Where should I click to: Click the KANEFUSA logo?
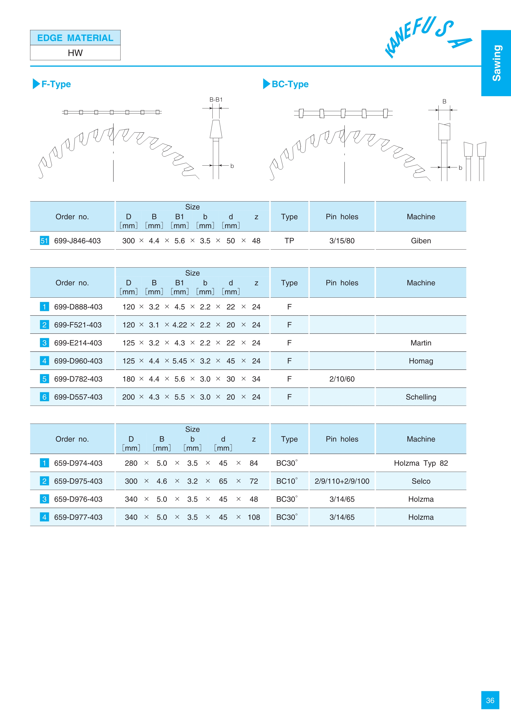(428, 37)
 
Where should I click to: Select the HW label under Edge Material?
(75, 53)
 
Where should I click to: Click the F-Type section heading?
(56, 84)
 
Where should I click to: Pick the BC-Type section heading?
(290, 84)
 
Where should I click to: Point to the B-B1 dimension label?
(216, 100)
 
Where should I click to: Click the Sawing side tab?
(496, 63)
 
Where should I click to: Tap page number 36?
(490, 700)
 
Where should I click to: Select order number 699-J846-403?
(77, 241)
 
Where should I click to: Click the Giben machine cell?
(421, 241)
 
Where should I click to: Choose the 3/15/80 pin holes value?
(342, 241)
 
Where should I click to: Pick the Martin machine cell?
(421, 343)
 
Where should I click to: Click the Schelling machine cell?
(421, 397)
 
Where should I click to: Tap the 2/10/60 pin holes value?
(342, 379)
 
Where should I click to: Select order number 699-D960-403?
(78, 361)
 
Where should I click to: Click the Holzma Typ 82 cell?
(421, 463)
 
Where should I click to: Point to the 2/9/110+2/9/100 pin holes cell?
(342, 481)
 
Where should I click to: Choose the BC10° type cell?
(287, 481)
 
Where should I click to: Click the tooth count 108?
(254, 517)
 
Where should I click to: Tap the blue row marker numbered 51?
(44, 241)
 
